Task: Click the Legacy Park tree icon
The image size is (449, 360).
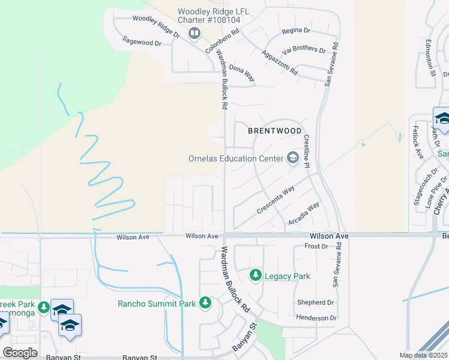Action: click(x=256, y=275)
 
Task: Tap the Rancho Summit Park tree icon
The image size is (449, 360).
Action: click(x=205, y=302)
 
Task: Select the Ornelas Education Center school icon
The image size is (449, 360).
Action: click(x=293, y=158)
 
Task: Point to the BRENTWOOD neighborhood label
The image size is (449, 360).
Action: click(x=274, y=130)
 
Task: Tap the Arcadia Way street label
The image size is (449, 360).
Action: click(x=304, y=213)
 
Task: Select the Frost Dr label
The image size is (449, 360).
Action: click(x=316, y=247)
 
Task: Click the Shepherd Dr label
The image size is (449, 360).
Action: click(x=315, y=302)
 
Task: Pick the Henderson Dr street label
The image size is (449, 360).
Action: click(x=316, y=317)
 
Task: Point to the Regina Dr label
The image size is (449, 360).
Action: click(x=295, y=30)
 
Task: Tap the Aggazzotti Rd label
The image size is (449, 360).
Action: click(x=280, y=62)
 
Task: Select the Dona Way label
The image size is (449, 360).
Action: click(x=242, y=74)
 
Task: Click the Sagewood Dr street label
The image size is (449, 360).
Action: click(x=142, y=43)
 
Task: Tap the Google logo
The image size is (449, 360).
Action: click(x=20, y=353)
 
